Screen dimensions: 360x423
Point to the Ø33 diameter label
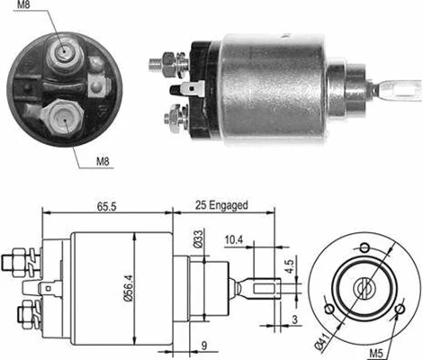coord(197,240)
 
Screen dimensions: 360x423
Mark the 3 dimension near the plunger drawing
coord(294,320)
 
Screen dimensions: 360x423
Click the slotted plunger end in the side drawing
coord(266,290)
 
